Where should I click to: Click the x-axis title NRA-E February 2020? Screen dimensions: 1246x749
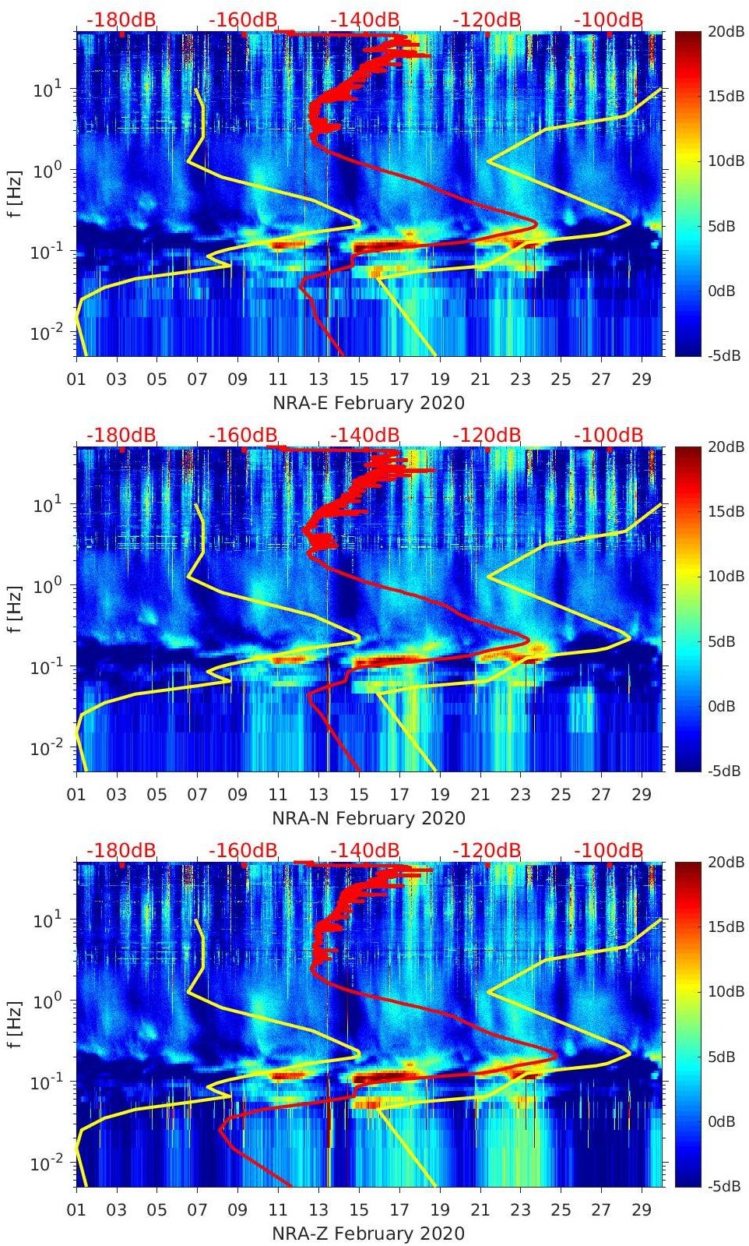pos(368,403)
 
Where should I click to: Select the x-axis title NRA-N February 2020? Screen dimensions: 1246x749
pos(368,818)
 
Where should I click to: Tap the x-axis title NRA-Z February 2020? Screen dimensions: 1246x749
pos(368,1234)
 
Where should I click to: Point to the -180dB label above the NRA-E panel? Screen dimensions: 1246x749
pos(121,19)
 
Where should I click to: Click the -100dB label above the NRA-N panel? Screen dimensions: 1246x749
pos(608,435)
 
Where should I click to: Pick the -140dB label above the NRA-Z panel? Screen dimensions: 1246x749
pos(365,850)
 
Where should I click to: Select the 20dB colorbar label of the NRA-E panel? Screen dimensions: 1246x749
pos(721,31)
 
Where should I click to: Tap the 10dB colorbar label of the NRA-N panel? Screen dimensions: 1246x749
pos(721,576)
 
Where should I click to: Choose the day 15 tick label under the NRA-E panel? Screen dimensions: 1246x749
pos(359,379)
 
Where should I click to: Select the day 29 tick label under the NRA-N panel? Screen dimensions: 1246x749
pos(642,795)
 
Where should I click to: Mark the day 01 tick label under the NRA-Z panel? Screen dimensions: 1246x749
pos(76,1210)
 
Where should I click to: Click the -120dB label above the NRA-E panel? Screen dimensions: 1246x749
pos(487,19)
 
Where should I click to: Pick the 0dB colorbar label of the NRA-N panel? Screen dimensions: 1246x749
pos(721,706)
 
